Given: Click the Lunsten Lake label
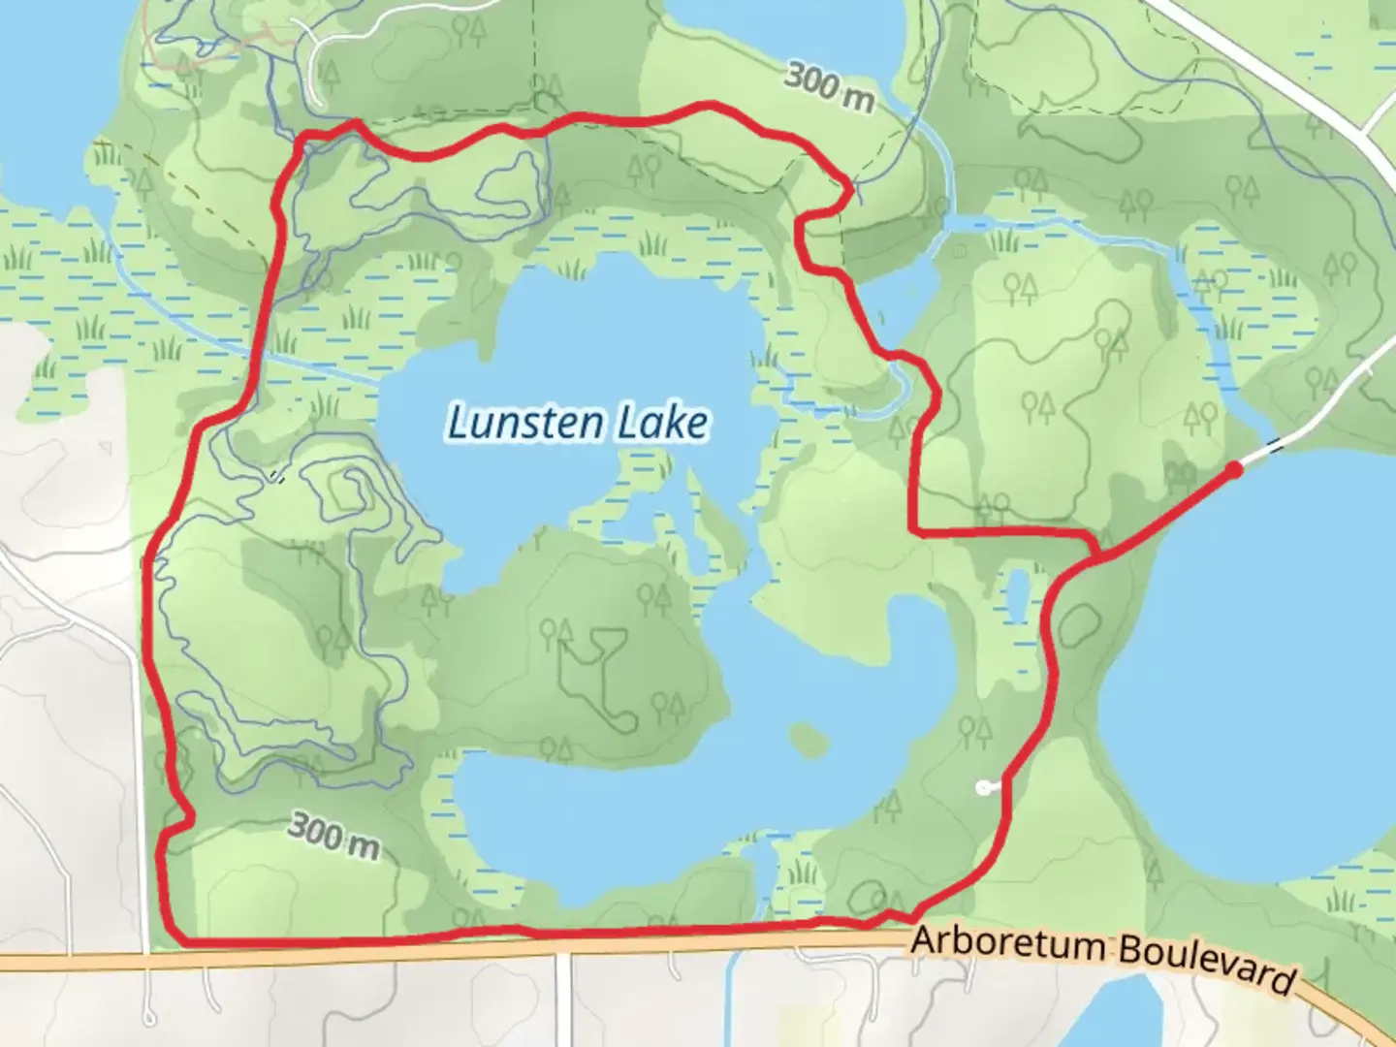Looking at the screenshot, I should click(578, 424).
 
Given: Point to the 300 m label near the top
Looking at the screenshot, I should click(829, 85).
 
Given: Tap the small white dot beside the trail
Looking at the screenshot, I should click(985, 788).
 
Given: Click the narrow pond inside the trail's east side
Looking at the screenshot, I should click(1017, 593).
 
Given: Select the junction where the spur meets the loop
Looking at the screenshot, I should click(1096, 555).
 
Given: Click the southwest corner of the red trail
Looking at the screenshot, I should click(176, 937).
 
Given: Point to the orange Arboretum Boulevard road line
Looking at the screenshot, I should click(679, 948).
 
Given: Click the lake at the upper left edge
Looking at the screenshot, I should click(48, 97).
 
